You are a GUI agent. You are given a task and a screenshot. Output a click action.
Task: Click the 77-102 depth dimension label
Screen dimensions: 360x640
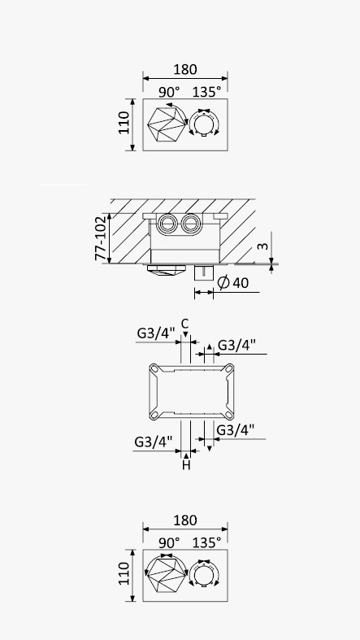click(x=100, y=238)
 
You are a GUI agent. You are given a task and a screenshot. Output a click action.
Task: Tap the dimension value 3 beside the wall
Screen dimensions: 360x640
click(x=264, y=246)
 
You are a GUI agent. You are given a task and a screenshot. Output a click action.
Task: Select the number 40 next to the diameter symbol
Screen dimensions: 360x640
click(x=241, y=283)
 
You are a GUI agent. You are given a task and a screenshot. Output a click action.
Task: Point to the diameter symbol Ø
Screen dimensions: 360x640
click(x=223, y=282)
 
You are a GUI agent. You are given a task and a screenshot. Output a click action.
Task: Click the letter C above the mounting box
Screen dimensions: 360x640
click(x=185, y=324)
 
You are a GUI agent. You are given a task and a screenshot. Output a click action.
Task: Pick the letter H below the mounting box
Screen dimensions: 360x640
click(x=186, y=465)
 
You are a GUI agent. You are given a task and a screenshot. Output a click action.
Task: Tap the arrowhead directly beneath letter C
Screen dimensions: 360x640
click(x=185, y=335)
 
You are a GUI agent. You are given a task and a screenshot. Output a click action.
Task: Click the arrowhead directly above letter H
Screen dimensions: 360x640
click(x=186, y=455)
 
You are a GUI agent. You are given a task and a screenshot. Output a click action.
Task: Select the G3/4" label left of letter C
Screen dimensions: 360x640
click(x=156, y=333)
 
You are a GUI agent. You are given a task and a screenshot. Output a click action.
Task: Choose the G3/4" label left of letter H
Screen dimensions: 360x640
click(x=154, y=442)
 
